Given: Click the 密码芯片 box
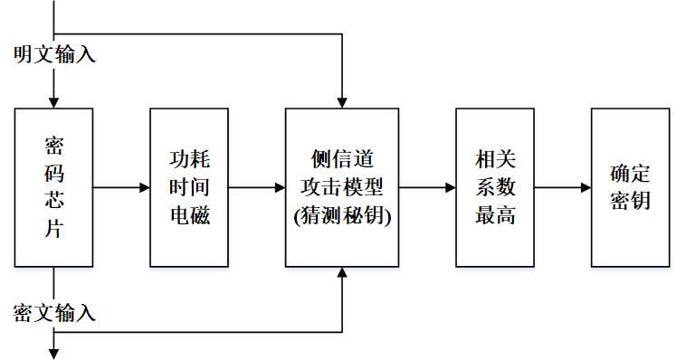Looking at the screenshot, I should pos(53,187).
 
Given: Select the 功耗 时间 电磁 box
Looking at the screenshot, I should pos(190,187).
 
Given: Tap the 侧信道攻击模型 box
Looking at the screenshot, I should pos(342,187).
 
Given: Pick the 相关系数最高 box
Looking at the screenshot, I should pos(495,187).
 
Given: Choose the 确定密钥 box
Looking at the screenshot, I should pos(630,187).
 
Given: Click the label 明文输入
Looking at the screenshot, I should pos(54,54).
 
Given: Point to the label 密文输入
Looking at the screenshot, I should pos(54,313).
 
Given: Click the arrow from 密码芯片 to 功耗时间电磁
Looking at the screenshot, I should pos(121,187).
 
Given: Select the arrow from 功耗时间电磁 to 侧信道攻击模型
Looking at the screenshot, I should pos(258,187).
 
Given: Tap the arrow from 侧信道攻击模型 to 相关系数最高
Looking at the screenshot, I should pos(427,187).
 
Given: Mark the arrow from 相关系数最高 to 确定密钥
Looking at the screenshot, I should pos(562,187).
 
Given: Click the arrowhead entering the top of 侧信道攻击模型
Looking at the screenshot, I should pos(342,101).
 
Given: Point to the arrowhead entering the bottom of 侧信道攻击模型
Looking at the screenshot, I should pos(342,273).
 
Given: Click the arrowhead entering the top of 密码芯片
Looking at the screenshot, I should pos(53,101).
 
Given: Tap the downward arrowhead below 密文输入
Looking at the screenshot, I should pos(53,352).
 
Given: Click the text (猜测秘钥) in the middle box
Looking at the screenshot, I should pos(342,217).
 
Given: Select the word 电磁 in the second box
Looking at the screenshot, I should pos(190,217).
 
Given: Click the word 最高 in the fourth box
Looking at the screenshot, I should pos(495,217).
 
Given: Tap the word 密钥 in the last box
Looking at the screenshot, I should pos(630,202).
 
